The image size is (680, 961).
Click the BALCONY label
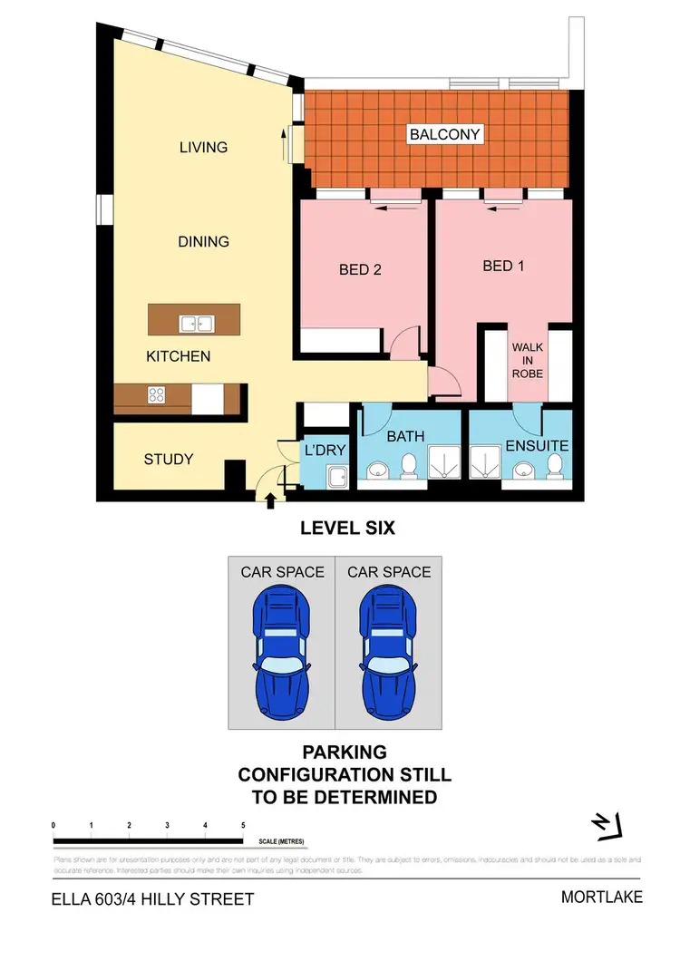(444, 134)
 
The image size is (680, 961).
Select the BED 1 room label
(504, 266)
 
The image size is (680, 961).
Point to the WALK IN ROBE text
(527, 359)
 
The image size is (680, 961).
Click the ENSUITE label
(537, 445)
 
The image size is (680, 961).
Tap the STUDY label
(169, 459)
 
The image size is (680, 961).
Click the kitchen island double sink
(195, 322)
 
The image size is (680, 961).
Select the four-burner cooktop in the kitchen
(155, 394)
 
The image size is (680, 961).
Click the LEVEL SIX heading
(348, 528)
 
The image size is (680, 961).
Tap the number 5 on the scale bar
(243, 825)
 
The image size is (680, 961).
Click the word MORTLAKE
(601, 898)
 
